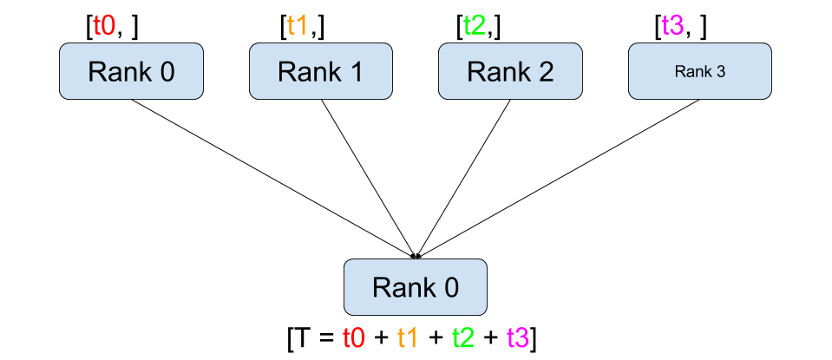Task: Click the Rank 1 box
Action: [x=321, y=71]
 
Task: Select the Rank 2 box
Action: [x=510, y=71]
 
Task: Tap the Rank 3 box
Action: [x=699, y=71]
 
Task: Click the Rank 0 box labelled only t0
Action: [x=131, y=71]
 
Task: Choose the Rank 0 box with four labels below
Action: [x=416, y=287]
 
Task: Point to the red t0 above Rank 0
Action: [x=104, y=25]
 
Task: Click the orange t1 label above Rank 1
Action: [x=297, y=25]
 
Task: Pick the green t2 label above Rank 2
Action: [x=474, y=25]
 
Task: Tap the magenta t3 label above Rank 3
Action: [x=672, y=25]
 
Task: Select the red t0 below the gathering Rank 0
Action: [x=354, y=337]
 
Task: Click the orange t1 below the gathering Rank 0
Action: [x=408, y=337]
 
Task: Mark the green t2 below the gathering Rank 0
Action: [x=462, y=337]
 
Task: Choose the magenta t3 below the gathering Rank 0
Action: [x=517, y=337]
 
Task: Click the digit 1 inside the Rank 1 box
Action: [x=357, y=72]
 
